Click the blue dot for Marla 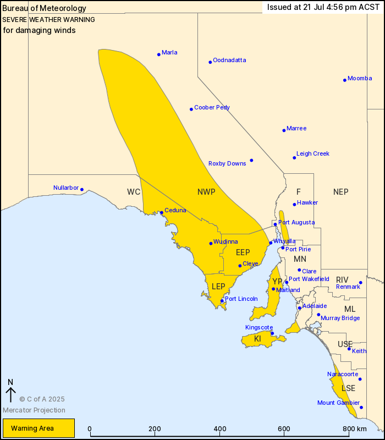tap(159, 54)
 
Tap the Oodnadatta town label tap(229, 60)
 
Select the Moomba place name tap(360, 78)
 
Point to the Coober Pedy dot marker tap(191, 109)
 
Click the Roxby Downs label tap(227, 163)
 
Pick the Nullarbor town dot tap(82, 190)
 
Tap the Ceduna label tap(175, 210)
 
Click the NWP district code tap(206, 192)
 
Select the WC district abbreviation tap(134, 192)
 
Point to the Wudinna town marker tap(211, 243)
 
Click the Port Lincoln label tap(241, 299)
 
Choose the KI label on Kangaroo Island tap(257, 339)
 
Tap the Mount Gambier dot tap(361, 408)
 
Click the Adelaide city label tap(315, 306)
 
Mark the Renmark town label tap(348, 287)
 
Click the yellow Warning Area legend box tap(38, 428)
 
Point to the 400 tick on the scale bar tap(220, 428)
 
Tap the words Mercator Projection tap(34, 410)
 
